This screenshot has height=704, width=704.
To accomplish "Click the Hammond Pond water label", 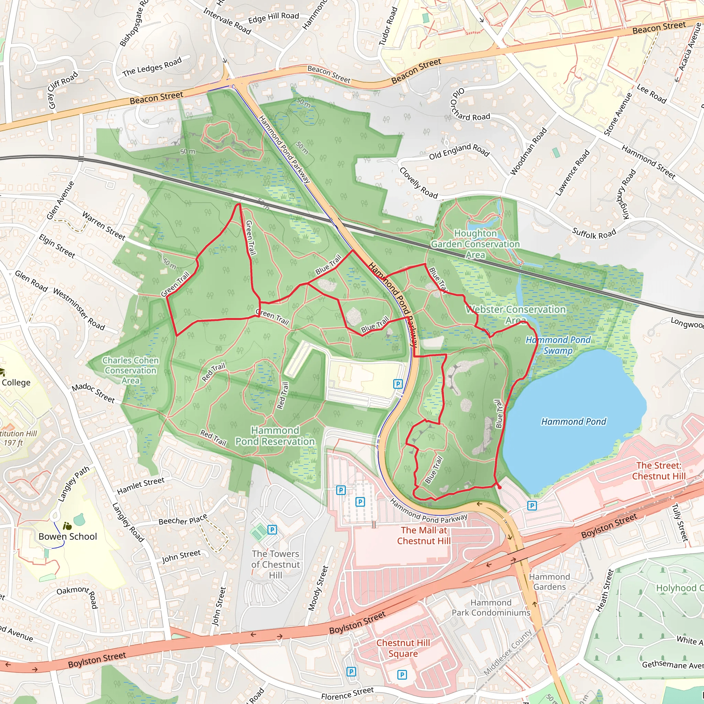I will pyautogui.click(x=573, y=421).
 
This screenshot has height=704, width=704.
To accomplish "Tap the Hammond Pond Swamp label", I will pyautogui.click(x=558, y=345).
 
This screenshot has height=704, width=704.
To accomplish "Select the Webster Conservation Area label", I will pyautogui.click(x=516, y=315).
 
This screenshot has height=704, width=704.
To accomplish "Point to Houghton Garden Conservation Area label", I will pyautogui.click(x=475, y=244).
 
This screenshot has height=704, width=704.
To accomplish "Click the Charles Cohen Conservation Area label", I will pyautogui.click(x=130, y=370).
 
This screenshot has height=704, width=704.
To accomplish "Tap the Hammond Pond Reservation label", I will pyautogui.click(x=275, y=436).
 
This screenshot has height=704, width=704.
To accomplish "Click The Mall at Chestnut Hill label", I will pyautogui.click(x=424, y=535).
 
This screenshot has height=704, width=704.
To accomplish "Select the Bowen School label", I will pyautogui.click(x=68, y=536).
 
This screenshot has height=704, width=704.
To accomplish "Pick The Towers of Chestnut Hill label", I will pyautogui.click(x=275, y=564).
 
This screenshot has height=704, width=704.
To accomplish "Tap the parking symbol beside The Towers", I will pyautogui.click(x=272, y=529).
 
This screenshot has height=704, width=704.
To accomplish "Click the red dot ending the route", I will pyautogui.click(x=499, y=487).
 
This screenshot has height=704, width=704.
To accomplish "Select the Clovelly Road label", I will pyautogui.click(x=418, y=183).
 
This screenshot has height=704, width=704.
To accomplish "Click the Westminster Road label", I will pyautogui.click(x=79, y=309).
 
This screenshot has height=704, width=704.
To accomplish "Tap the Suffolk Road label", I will pyautogui.click(x=594, y=233).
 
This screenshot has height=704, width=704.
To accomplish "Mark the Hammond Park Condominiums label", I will pyautogui.click(x=491, y=607).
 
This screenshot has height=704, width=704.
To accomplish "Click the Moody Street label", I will pyautogui.click(x=318, y=588).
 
